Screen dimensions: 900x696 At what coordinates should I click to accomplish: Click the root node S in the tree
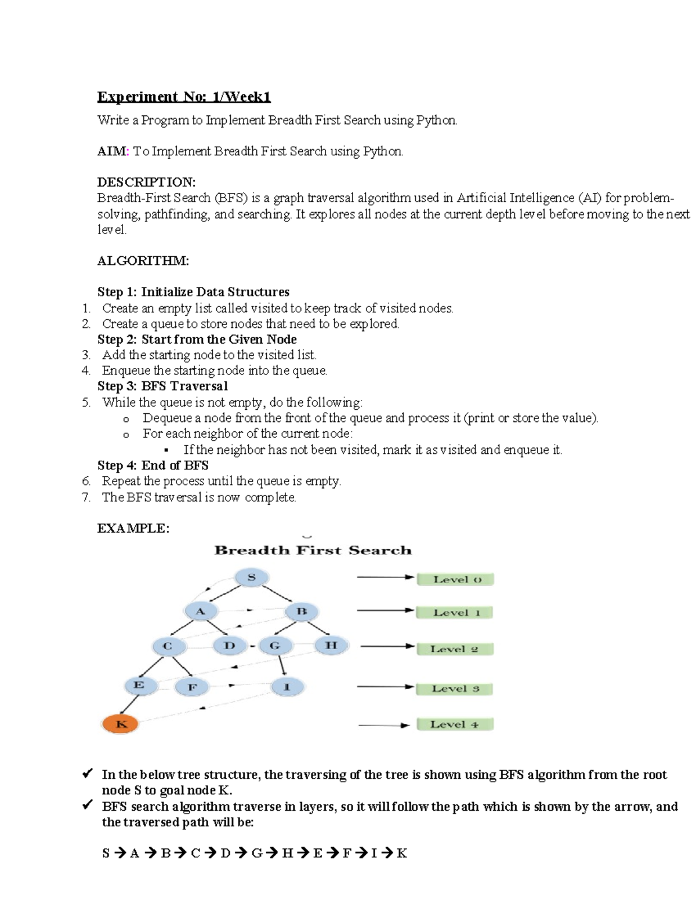click(x=251, y=577)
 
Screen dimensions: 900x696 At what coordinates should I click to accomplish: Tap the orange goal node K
click(x=121, y=724)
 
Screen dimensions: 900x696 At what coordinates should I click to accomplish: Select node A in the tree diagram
click(x=201, y=611)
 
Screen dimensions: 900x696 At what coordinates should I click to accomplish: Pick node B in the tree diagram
click(x=302, y=611)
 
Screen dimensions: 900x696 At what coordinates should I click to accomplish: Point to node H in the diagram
click(x=331, y=646)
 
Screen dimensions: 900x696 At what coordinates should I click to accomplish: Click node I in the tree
click(x=287, y=687)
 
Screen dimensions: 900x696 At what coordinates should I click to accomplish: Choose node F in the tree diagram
click(x=192, y=688)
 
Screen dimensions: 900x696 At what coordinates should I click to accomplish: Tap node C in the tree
click(x=168, y=646)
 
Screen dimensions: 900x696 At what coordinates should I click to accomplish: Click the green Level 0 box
click(x=455, y=580)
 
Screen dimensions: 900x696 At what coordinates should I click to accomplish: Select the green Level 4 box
click(x=455, y=724)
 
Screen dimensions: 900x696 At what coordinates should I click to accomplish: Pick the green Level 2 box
click(x=455, y=649)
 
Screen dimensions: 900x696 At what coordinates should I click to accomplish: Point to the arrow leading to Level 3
click(x=386, y=687)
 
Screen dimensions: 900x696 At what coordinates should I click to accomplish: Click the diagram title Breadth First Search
click(x=313, y=551)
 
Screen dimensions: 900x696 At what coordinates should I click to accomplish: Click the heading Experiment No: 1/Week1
click(x=184, y=96)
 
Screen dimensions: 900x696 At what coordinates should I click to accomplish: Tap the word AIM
click(x=112, y=151)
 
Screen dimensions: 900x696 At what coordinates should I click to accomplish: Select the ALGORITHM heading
click(x=143, y=261)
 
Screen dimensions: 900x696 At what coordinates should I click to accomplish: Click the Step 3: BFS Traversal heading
click(x=162, y=386)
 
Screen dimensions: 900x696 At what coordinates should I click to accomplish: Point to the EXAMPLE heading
click(x=133, y=528)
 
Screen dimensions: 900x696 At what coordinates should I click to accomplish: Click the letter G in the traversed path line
click(x=257, y=853)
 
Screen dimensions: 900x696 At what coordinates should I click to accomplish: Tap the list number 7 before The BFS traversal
click(x=86, y=497)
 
